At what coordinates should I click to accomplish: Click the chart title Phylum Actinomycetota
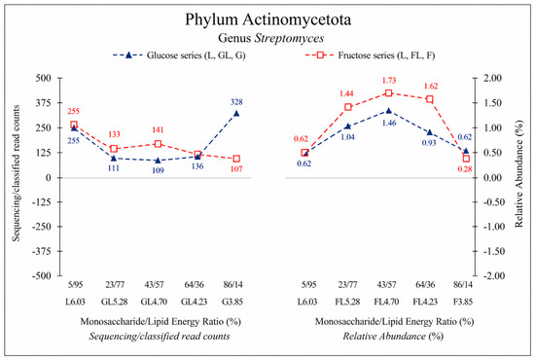click(x=267, y=19)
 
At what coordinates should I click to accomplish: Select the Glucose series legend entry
click(x=179, y=55)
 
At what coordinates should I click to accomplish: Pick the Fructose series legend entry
click(x=370, y=55)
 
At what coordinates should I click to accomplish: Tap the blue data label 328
click(x=236, y=102)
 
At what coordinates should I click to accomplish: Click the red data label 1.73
click(x=389, y=80)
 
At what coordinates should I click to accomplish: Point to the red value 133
click(x=115, y=134)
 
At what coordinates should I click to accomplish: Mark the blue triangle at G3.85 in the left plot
click(x=236, y=113)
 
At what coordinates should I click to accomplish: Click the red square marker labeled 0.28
click(x=466, y=159)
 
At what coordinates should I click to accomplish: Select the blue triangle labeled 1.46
click(x=389, y=111)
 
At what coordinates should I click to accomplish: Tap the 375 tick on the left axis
click(x=44, y=103)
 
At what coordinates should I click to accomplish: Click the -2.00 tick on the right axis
click(x=492, y=275)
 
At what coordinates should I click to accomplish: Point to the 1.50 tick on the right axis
click(x=493, y=103)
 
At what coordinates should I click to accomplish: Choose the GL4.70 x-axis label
click(x=154, y=302)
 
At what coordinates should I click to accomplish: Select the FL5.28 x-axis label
click(x=347, y=302)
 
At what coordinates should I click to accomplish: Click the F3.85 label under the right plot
click(x=463, y=302)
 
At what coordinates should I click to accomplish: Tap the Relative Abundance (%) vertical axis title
click(x=519, y=174)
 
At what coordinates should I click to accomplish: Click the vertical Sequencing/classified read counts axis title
click(x=16, y=173)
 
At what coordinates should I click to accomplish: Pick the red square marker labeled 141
click(x=158, y=144)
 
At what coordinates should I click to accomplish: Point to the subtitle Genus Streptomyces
click(x=271, y=38)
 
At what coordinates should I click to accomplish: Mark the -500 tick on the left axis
click(x=42, y=275)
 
